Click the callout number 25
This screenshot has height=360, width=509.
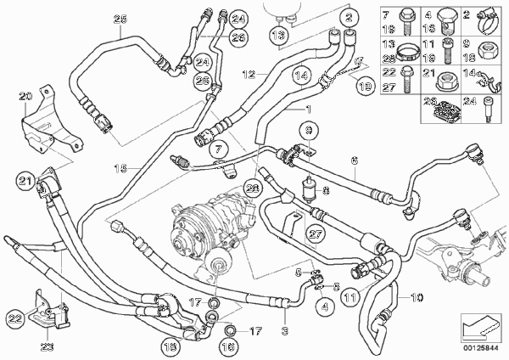pos(119,20)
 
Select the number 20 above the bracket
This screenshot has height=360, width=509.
pos(24,93)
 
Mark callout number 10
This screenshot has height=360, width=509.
pos(417,299)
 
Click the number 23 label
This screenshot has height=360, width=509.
pos(47,345)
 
